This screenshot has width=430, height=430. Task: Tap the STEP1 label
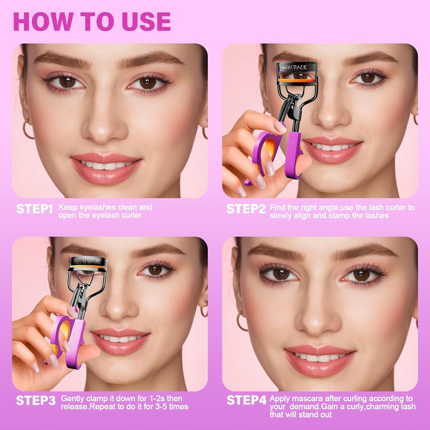coord(35,208)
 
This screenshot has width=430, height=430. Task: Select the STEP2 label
coord(245,208)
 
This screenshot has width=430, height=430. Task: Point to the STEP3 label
coord(35,400)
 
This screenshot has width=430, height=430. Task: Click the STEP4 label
coord(246,400)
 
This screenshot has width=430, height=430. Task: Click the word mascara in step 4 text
coord(308,398)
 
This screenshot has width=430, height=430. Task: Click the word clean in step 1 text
coord(131,207)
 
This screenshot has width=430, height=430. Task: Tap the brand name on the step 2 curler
coord(293,67)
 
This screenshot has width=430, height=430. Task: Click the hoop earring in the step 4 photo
coord(241,322)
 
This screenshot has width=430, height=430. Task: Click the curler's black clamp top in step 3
coord(88,262)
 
